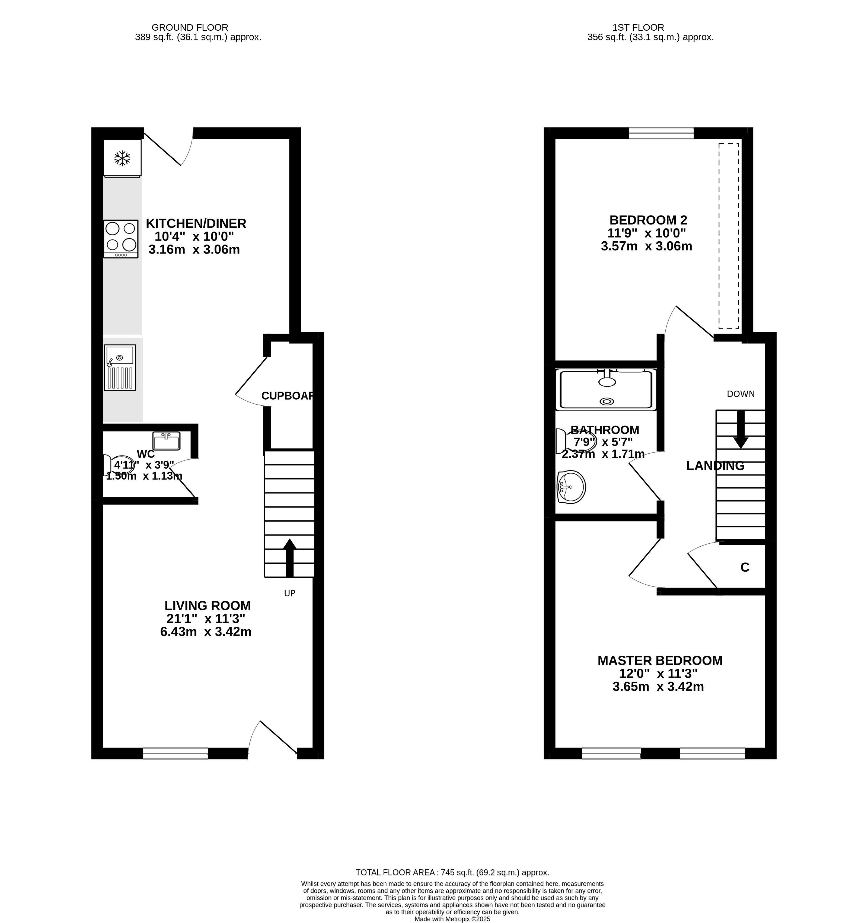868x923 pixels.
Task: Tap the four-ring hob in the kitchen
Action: pos(121,239)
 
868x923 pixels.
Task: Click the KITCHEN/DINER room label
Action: pos(196,223)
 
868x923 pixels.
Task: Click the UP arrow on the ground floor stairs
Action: pos(290,557)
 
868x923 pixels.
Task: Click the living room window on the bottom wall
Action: pos(175,753)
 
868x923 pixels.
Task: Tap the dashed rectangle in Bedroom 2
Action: pos(729,236)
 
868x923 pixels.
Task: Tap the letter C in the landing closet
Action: pos(745,567)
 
